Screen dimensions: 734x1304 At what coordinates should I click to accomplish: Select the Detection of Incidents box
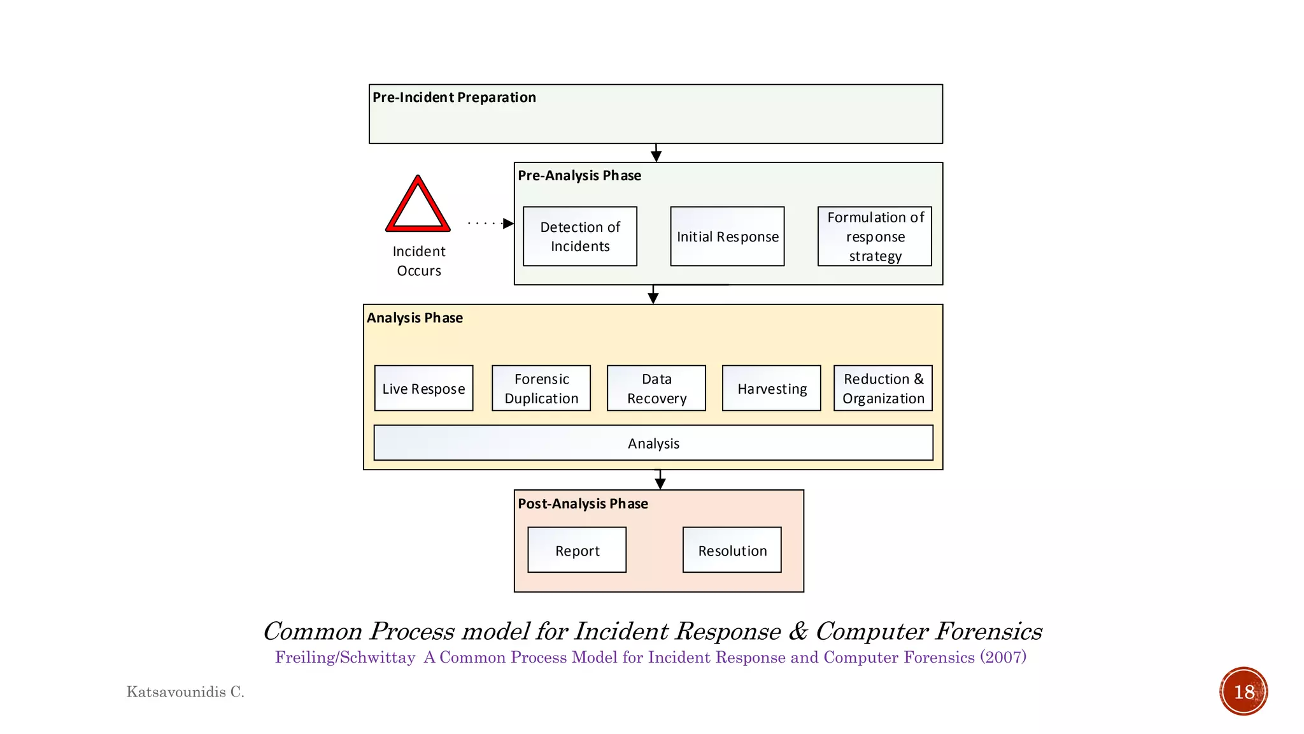click(x=579, y=236)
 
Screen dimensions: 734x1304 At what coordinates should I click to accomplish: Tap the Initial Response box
click(x=727, y=236)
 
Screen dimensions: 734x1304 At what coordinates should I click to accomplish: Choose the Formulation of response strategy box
click(x=874, y=236)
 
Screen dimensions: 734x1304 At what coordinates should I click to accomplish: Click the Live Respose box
click(x=423, y=388)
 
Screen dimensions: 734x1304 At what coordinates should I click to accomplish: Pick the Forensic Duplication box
click(x=541, y=388)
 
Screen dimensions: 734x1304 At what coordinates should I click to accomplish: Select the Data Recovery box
click(x=656, y=388)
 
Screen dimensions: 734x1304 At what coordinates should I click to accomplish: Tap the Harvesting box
click(x=771, y=388)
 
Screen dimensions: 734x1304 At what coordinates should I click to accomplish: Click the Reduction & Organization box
click(x=882, y=388)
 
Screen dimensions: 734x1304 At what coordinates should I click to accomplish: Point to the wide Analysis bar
click(x=653, y=443)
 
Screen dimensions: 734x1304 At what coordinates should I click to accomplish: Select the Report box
click(x=577, y=550)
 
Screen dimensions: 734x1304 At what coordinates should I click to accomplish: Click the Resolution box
click(x=732, y=550)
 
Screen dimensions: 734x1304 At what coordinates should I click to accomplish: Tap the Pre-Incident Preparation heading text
click(x=454, y=97)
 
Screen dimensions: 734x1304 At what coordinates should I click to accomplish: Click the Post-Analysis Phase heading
click(x=583, y=503)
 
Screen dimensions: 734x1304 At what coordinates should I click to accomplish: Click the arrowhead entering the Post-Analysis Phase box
click(x=660, y=484)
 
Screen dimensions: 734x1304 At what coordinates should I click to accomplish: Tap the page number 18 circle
click(x=1244, y=691)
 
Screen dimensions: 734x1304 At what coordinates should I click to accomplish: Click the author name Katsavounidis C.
click(x=185, y=692)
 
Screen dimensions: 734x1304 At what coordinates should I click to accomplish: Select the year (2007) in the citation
click(x=1003, y=657)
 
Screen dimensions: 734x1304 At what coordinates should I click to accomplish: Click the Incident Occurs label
click(x=418, y=261)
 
